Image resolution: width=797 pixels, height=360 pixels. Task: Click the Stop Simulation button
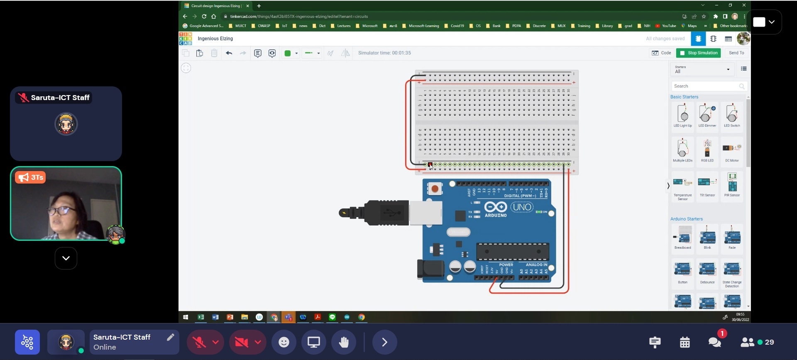pos(698,53)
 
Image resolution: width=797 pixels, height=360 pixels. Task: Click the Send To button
pos(736,53)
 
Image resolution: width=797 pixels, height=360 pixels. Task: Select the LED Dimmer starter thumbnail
pos(707,115)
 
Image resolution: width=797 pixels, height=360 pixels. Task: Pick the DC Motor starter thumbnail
pos(732,150)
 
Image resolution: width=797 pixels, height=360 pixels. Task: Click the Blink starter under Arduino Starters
pos(707,238)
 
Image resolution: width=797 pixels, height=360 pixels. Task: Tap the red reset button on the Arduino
pos(435,189)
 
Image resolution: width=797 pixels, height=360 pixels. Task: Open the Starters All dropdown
pos(702,69)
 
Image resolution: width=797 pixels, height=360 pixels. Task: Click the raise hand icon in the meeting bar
pos(344,342)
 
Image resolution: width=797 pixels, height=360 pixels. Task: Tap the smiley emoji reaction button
pos(284,342)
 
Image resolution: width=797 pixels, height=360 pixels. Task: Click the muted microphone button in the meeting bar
pos(199,342)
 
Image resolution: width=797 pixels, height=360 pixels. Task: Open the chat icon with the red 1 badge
pos(715,342)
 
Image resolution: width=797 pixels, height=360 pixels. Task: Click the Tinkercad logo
pos(186,39)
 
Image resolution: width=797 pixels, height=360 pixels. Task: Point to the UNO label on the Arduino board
pos(521,207)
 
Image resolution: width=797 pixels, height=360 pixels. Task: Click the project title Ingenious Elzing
pos(215,39)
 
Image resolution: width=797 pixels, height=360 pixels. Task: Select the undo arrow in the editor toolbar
pos(229,53)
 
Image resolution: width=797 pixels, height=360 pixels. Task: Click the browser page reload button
pos(204,17)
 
